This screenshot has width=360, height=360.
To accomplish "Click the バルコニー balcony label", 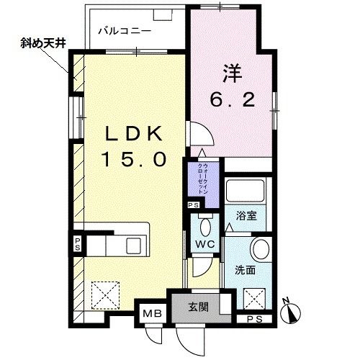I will (x=125, y=32).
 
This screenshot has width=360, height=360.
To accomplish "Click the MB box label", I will (x=153, y=315).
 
